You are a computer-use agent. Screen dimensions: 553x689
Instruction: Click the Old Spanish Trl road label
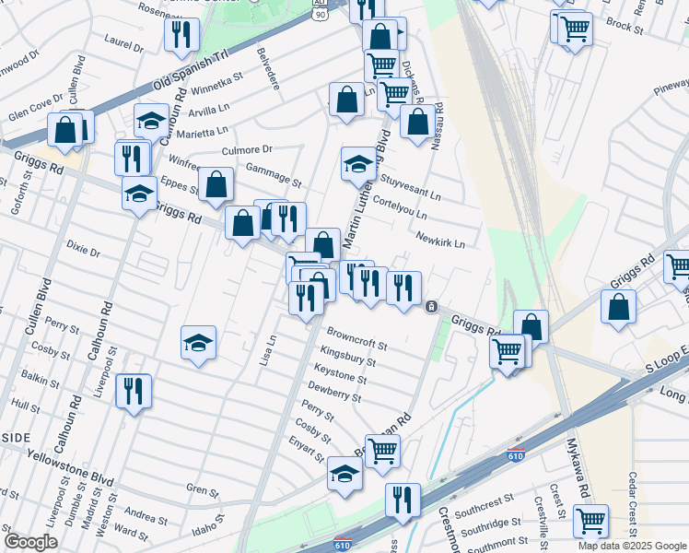click(190, 69)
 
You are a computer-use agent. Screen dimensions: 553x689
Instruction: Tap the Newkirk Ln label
click(439, 240)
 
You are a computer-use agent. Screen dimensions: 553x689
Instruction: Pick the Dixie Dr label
click(84, 247)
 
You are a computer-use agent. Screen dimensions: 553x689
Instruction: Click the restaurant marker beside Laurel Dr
click(181, 35)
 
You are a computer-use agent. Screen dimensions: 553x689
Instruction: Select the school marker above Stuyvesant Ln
click(358, 164)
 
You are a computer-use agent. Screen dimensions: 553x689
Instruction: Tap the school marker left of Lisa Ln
click(198, 343)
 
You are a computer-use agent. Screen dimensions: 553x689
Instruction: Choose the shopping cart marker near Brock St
click(574, 28)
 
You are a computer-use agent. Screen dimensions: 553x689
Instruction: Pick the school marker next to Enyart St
click(344, 474)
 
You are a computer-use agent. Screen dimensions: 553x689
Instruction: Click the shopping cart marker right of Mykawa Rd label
click(590, 521)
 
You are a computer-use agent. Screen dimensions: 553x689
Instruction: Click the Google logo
click(30, 542)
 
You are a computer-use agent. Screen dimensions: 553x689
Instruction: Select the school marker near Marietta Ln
click(152, 121)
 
